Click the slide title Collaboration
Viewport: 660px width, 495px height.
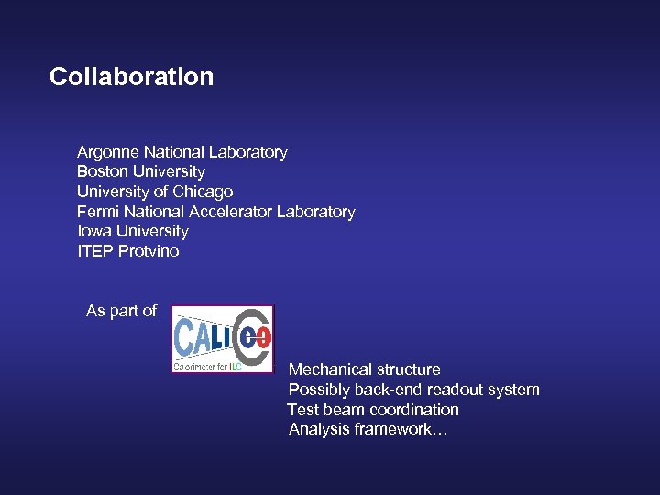(x=131, y=76)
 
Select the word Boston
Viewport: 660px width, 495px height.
(x=103, y=171)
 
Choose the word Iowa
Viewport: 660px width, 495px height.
(x=93, y=231)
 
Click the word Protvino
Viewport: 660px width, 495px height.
(x=148, y=251)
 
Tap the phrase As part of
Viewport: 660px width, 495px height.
(x=121, y=311)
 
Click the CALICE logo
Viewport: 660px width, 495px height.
(x=223, y=338)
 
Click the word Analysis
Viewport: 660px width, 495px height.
(x=318, y=429)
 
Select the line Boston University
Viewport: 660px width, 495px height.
(x=141, y=171)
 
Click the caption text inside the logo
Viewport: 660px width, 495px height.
(x=208, y=366)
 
